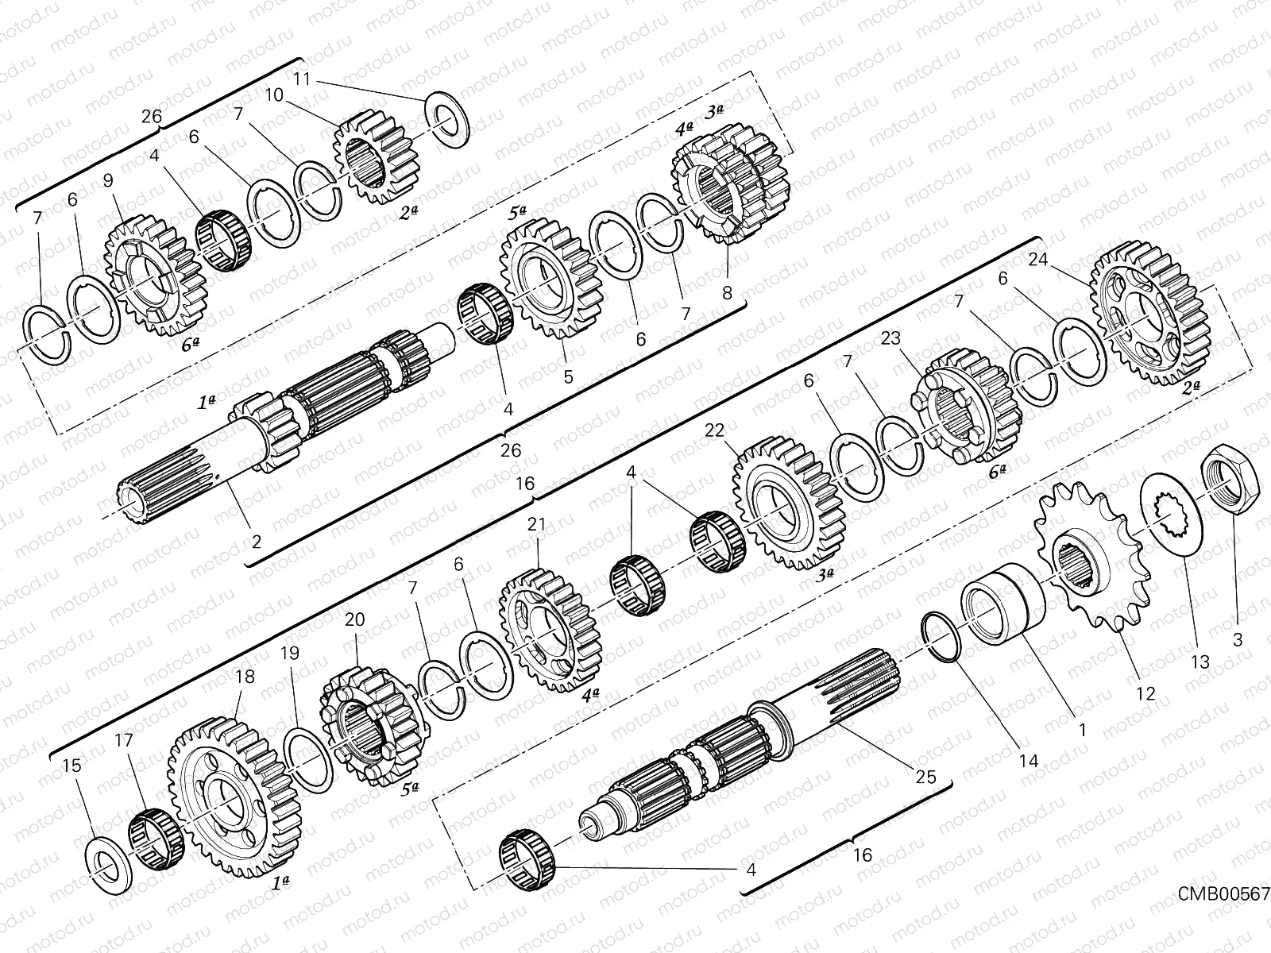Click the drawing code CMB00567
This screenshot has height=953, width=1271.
pos(1223,894)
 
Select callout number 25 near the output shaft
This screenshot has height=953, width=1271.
pos(925,777)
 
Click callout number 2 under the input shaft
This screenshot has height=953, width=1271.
pos(256,543)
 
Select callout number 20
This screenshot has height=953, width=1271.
pos(354,619)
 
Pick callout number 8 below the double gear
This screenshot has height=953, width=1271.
pos(727,292)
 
